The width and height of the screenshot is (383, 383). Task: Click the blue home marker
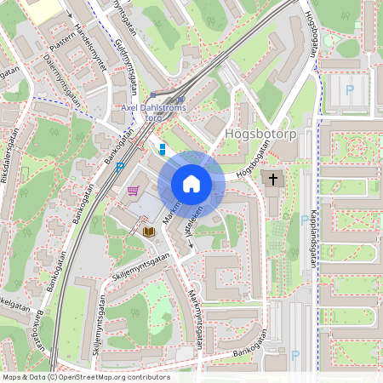pyautogui.click(x=191, y=184)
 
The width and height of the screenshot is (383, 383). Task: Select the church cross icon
pyautogui.click(x=272, y=179)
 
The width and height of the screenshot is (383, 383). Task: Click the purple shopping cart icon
pyautogui.click(x=133, y=191)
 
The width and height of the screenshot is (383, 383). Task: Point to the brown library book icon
pyautogui.click(x=148, y=231)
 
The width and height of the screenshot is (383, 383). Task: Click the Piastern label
pyautogui.click(x=64, y=40)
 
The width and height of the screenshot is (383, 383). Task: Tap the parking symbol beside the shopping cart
pyautogui.click(x=121, y=167)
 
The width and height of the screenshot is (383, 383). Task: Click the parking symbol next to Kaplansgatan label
pyautogui.click(x=304, y=219)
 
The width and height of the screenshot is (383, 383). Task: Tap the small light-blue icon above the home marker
pyautogui.click(x=162, y=149)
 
